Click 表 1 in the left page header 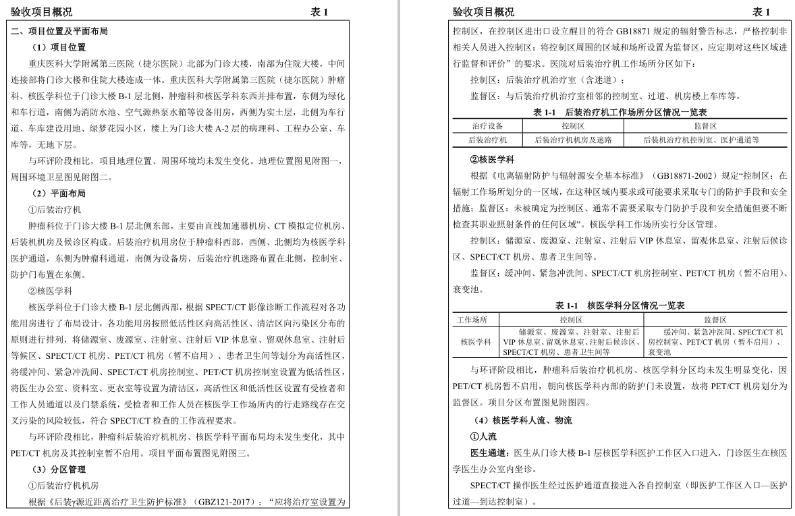pos(319,12)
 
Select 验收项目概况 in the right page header pos(483,12)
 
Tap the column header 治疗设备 pos(487,126)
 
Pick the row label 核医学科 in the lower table pos(476,342)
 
